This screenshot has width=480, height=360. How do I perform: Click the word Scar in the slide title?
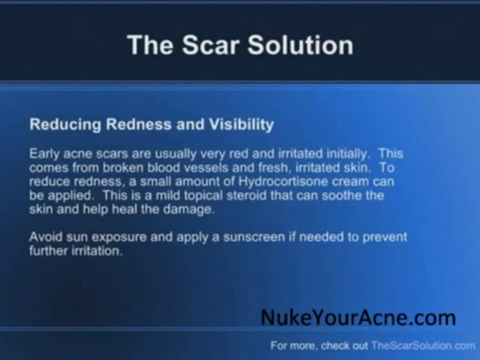pos(211,45)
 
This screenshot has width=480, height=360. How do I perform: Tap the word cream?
pos(352,181)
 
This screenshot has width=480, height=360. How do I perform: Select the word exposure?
pos(110,237)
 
